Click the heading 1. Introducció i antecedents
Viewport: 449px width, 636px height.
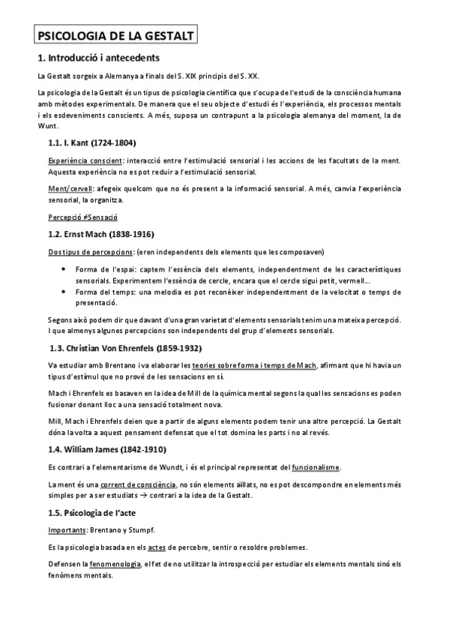pos(97,58)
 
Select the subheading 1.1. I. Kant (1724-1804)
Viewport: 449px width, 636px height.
pos(92,142)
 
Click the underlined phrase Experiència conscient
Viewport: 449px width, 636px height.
pos(81,160)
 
